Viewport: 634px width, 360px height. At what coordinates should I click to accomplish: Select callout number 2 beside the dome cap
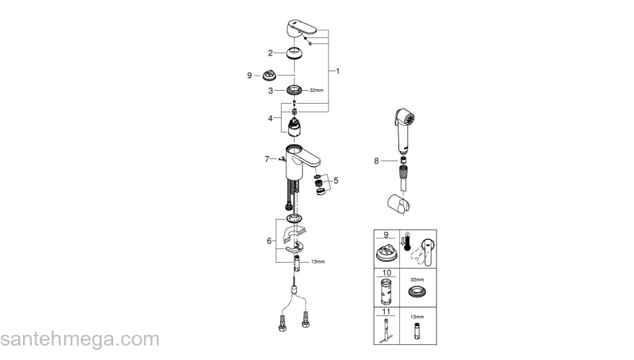coord(270,53)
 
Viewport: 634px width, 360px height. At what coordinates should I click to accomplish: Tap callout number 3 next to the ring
coord(270,91)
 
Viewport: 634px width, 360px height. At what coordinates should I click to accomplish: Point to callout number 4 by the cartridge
coord(270,118)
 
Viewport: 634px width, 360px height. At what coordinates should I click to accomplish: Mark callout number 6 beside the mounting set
coord(270,241)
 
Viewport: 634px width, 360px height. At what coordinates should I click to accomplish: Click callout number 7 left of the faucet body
coord(267,158)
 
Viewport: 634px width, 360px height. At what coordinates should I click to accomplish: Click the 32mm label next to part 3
coord(318,91)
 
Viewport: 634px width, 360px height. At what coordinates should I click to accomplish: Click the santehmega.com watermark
coord(79,339)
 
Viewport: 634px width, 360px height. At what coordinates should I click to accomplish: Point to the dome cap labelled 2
coord(295,53)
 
